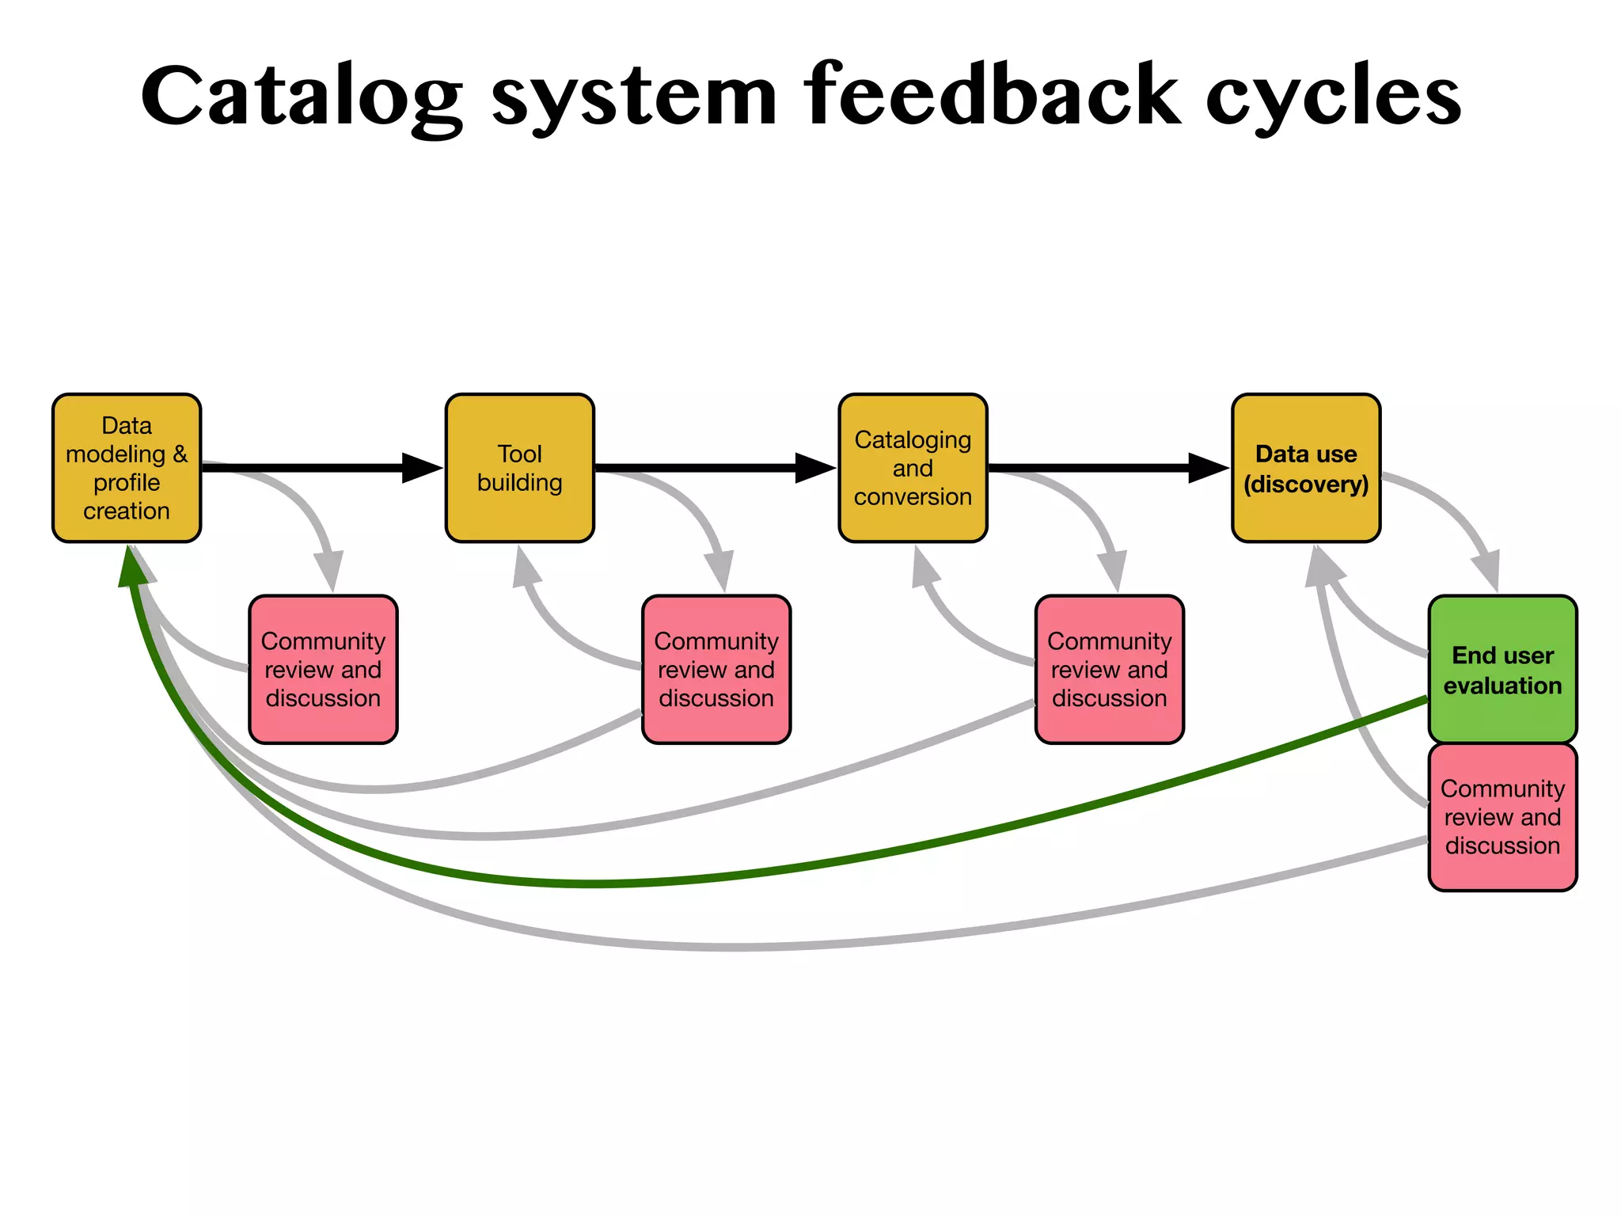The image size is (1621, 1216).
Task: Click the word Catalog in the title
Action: click(301, 97)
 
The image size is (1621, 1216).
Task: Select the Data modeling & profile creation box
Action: click(127, 468)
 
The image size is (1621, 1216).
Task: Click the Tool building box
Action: click(519, 468)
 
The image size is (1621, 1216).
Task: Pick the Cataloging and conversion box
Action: click(913, 468)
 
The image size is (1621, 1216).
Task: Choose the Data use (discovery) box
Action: click(1306, 468)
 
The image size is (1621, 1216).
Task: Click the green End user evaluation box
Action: click(1502, 670)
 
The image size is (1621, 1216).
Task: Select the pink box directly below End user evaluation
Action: click(1502, 817)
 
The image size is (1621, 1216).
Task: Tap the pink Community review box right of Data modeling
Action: click(323, 670)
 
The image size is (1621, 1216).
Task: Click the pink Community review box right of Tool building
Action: click(716, 670)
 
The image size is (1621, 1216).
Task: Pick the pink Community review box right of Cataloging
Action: click(1109, 670)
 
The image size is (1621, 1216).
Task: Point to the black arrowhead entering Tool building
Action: click(421, 468)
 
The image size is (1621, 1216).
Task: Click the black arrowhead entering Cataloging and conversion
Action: click(814, 468)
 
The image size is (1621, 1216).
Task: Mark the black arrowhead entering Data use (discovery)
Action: click(1208, 468)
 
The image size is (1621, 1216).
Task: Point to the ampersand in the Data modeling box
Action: click(180, 454)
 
